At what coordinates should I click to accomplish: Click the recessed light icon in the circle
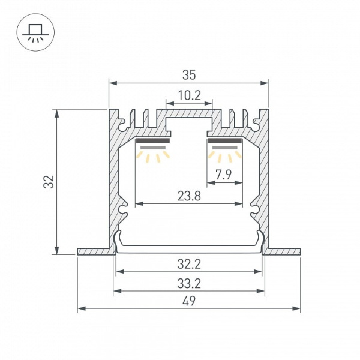pyautogui.click(x=35, y=32)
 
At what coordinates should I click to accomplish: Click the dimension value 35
pyautogui.click(x=189, y=75)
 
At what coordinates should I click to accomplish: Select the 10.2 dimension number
pyautogui.click(x=190, y=95)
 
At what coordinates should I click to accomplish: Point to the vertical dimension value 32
pyautogui.click(x=49, y=182)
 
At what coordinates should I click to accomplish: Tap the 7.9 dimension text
pyautogui.click(x=224, y=175)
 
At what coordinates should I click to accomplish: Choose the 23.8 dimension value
pyautogui.click(x=189, y=196)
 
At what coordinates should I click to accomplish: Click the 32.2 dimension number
pyautogui.click(x=189, y=264)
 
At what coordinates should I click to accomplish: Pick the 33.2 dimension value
pyautogui.click(x=189, y=284)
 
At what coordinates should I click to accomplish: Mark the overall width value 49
pyautogui.click(x=189, y=301)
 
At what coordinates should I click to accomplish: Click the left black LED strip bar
pyautogui.click(x=153, y=140)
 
